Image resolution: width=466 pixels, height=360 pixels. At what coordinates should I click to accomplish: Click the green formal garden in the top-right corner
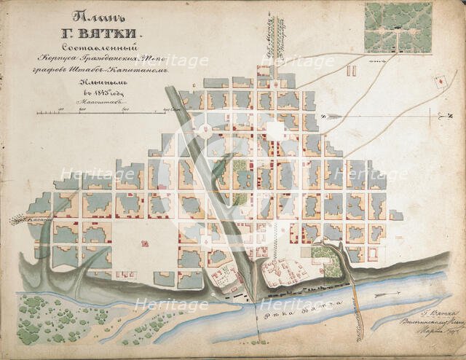point(399,27)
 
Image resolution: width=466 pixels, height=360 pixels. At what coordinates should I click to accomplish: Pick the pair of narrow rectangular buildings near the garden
point(350,71)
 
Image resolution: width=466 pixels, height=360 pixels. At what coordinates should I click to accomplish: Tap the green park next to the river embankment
point(323,254)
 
